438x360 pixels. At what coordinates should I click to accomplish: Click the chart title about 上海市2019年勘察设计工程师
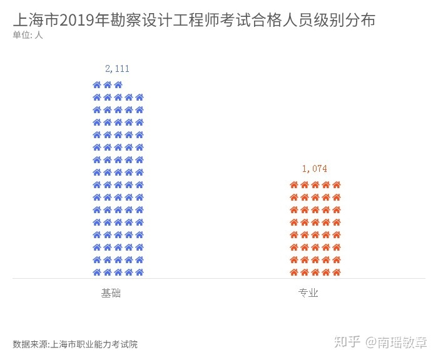coord(194,20)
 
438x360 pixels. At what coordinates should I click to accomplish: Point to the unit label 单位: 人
coord(28,35)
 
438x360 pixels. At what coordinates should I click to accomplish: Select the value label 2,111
coord(117,69)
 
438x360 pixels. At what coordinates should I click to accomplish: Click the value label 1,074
coord(314,169)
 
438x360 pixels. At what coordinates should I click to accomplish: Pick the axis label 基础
coord(111,292)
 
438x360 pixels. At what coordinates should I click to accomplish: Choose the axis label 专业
coord(308,292)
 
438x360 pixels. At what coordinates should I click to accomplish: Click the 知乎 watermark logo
coord(348,342)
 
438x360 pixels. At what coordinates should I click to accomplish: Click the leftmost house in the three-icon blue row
coord(97,85)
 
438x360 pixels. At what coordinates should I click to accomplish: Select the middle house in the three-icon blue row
coord(108,85)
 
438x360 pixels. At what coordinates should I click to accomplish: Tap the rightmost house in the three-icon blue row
coord(118,85)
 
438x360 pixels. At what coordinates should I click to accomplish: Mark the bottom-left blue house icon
coord(97,272)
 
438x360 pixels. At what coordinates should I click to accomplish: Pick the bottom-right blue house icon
coord(140,272)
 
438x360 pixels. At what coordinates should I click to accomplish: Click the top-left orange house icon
coord(293,185)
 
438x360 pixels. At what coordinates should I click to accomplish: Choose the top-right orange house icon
coord(336,185)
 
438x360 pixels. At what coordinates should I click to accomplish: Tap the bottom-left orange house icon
coord(293,272)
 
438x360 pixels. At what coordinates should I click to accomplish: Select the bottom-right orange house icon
coord(336,272)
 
